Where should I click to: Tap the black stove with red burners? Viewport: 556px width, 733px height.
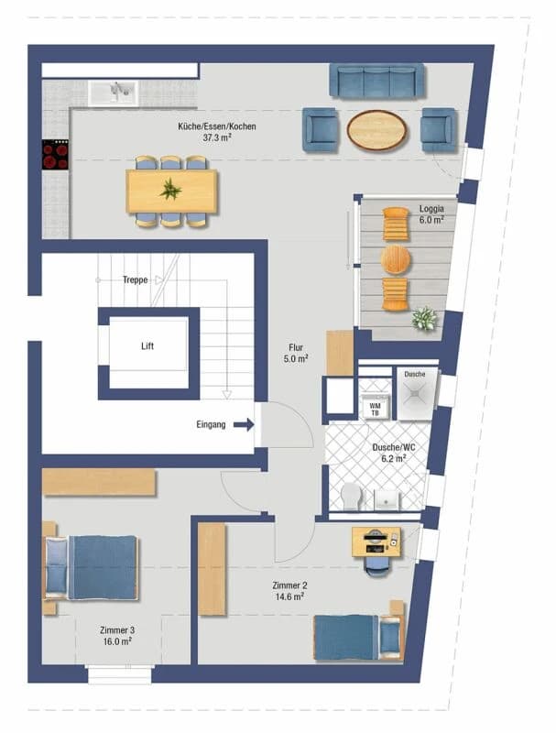(x=55, y=155)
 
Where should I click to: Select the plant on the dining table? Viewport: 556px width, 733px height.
(x=170, y=191)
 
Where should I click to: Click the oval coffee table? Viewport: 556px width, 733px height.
(x=376, y=129)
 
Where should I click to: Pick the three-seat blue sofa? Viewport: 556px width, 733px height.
(x=376, y=81)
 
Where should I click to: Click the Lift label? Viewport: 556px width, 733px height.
(x=148, y=347)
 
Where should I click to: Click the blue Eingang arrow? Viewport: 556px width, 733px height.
(x=243, y=424)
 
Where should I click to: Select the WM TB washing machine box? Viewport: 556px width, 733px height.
(x=375, y=408)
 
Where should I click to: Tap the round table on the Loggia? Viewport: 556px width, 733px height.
(x=396, y=259)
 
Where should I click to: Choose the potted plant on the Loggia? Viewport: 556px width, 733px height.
(x=423, y=320)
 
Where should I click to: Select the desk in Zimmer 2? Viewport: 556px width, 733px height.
(x=376, y=542)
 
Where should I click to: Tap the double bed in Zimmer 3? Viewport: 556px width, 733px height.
(x=92, y=568)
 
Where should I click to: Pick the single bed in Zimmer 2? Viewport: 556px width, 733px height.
(x=357, y=636)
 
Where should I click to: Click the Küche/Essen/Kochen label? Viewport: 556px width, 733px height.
(x=217, y=131)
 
